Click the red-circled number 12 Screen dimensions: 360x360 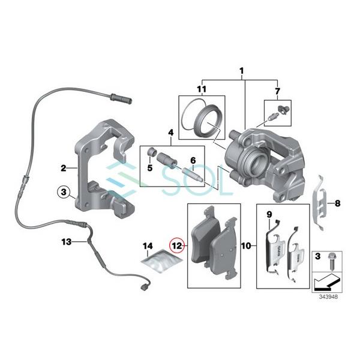coord(176,245)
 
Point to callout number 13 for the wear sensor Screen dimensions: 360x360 coord(65,242)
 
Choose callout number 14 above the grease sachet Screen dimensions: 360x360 coord(148,246)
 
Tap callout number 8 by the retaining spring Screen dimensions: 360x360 coord(337,203)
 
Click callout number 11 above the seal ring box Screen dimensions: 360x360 coord(202,90)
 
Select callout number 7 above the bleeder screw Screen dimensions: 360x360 coord(277,91)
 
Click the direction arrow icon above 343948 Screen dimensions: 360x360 coord(328,280)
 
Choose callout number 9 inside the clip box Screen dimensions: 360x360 coord(269,215)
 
